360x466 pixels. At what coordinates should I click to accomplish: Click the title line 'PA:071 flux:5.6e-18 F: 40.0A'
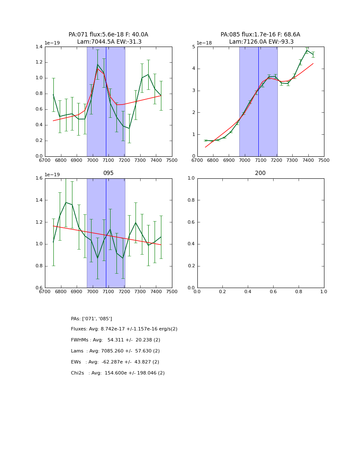click(x=108, y=35)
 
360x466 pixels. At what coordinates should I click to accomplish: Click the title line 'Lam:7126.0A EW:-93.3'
click(x=260, y=42)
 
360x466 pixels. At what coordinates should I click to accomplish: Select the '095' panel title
click(x=108, y=173)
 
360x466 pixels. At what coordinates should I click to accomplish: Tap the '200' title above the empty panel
click(x=260, y=173)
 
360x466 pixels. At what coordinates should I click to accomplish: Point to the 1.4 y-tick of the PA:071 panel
click(x=39, y=47)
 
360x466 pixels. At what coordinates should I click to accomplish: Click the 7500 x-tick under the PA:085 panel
click(x=324, y=161)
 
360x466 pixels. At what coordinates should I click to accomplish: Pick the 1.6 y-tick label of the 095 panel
click(x=39, y=178)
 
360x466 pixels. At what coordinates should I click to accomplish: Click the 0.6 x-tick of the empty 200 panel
click(x=273, y=292)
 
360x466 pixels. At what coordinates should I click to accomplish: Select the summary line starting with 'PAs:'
click(x=91, y=319)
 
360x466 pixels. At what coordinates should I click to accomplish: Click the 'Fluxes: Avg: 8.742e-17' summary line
click(x=124, y=329)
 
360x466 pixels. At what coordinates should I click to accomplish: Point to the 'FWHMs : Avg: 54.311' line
click(x=116, y=340)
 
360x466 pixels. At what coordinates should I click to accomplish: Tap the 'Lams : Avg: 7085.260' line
click(x=115, y=351)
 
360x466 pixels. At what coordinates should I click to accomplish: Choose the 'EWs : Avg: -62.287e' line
click(x=115, y=362)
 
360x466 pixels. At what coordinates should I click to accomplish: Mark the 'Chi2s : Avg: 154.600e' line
click(x=118, y=373)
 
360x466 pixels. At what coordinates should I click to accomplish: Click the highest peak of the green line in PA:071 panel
click(x=97, y=64)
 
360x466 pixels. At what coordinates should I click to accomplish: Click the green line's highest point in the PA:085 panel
click(x=307, y=50)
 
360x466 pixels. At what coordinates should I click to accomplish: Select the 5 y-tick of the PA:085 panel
click(x=193, y=47)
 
